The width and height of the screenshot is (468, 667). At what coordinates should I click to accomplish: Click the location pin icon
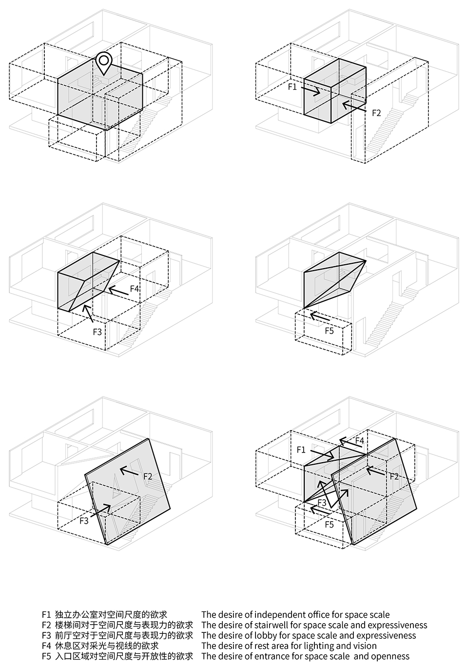[x=103, y=63]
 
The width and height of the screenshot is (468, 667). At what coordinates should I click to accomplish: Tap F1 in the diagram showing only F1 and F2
[x=292, y=87]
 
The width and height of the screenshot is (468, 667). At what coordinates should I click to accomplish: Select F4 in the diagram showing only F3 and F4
[x=135, y=289]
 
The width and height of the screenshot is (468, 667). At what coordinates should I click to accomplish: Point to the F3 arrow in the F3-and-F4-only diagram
[x=88, y=314]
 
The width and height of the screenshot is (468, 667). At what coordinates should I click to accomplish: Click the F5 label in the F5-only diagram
[x=329, y=331]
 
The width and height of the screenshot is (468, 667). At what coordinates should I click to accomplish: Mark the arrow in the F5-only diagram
[x=320, y=316]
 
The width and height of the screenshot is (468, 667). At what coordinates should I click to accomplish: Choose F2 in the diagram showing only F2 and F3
[x=148, y=476]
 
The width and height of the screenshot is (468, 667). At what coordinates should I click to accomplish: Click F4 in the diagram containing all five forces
[x=360, y=440]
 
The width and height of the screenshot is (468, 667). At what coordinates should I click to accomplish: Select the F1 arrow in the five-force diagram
[x=322, y=454]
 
